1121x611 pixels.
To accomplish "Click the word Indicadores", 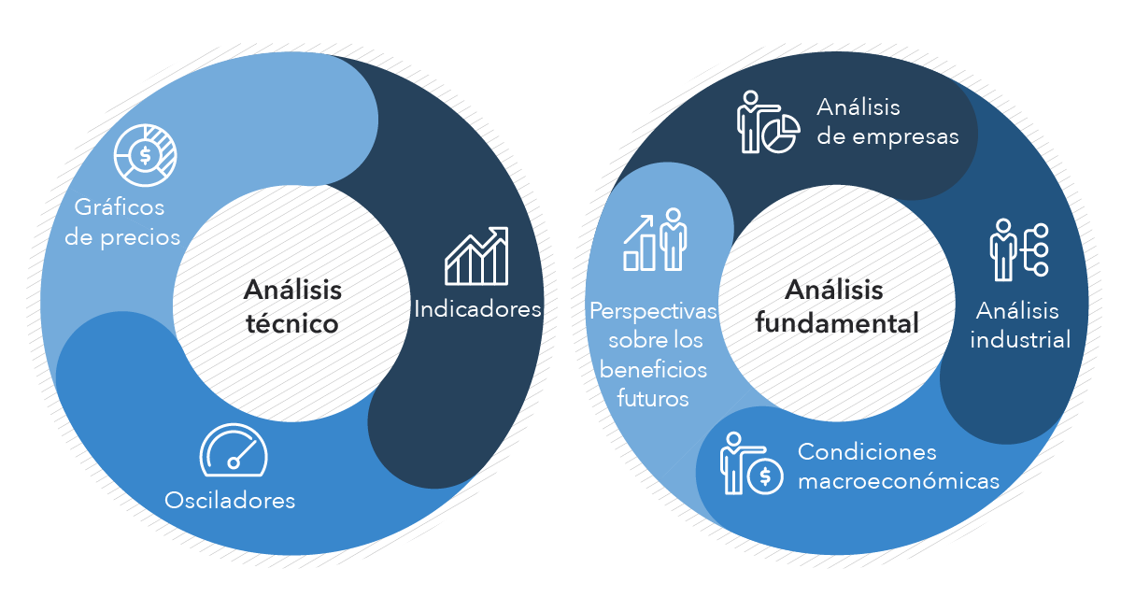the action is (477, 309).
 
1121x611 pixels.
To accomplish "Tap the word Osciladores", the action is (230, 501).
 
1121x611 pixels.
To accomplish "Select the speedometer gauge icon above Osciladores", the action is (234, 450).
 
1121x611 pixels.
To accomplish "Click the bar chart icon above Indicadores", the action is (476, 256).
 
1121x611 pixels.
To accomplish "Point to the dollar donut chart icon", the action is (145, 155).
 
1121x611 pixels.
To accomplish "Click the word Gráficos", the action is (120, 207).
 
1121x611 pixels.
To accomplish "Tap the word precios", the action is (140, 237).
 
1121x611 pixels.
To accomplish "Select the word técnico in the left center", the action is (292, 324).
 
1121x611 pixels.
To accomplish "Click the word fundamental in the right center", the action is (837, 322).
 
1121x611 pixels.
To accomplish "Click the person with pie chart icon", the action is (768, 121).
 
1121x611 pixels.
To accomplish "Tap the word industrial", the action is (1020, 340).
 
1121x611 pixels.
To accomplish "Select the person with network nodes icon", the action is (1019, 249).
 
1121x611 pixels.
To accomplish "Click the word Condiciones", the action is (867, 452).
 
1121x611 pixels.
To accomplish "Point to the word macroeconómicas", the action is (899, 481).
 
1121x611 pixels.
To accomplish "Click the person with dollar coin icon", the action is (752, 464).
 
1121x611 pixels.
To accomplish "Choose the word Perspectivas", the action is (653, 311).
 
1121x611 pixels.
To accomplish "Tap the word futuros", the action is (653, 399).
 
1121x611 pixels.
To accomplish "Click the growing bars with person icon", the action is (655, 239).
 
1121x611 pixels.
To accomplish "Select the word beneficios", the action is (653, 370).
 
